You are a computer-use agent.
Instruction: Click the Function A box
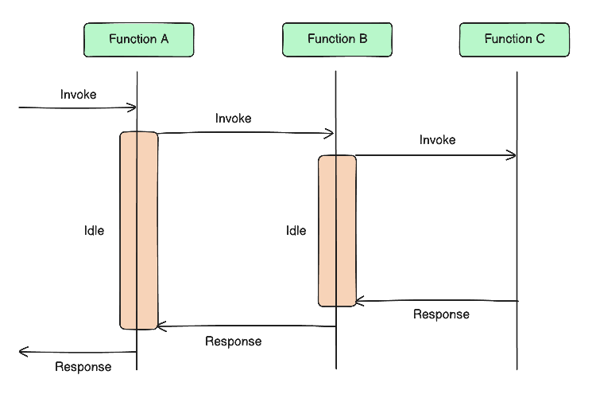pyautogui.click(x=139, y=40)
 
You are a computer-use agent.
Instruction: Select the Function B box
pyautogui.click(x=337, y=40)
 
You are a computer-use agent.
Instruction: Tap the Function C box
pyautogui.click(x=514, y=40)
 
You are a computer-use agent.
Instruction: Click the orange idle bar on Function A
pyautogui.click(x=139, y=230)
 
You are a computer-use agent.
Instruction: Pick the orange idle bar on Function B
pyautogui.click(x=337, y=230)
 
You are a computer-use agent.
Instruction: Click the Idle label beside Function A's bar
pyautogui.click(x=94, y=231)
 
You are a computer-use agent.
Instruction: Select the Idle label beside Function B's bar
pyautogui.click(x=296, y=231)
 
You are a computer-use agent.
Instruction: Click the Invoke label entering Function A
pyautogui.click(x=78, y=95)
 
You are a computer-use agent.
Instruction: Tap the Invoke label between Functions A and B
pyautogui.click(x=233, y=119)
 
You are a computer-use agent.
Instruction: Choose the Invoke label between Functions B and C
pyautogui.click(x=437, y=140)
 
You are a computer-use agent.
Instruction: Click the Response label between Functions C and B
pyautogui.click(x=441, y=314)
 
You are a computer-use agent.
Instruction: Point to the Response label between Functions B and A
pyautogui.click(x=233, y=342)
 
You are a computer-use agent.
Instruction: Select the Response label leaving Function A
pyautogui.click(x=83, y=367)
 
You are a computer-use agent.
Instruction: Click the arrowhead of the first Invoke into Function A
pyautogui.click(x=134, y=107)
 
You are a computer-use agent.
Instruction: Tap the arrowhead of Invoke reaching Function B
pyautogui.click(x=331, y=133)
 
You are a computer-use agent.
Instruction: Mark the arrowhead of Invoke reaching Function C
pyautogui.click(x=513, y=155)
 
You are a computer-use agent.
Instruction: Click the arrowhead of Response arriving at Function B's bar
pyautogui.click(x=359, y=301)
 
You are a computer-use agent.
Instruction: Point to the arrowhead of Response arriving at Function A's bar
pyautogui.click(x=161, y=326)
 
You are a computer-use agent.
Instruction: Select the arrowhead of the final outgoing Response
pyautogui.click(x=22, y=351)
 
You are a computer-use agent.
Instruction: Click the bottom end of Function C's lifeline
pyautogui.click(x=517, y=368)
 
